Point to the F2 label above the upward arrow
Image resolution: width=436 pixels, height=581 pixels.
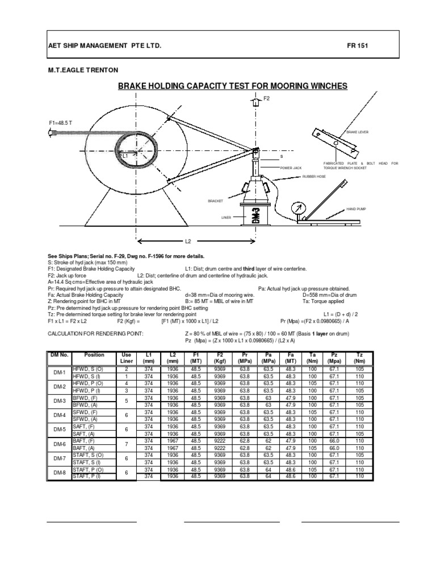pos(266,98)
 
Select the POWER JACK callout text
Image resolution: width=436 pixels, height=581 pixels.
pos(290,168)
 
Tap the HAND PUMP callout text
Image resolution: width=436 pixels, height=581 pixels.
pos(358,209)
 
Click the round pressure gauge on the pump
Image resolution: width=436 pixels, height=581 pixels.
pos(296,208)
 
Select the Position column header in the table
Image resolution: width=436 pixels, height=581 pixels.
pos(94,355)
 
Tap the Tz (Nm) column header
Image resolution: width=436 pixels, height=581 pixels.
pos(359,357)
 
